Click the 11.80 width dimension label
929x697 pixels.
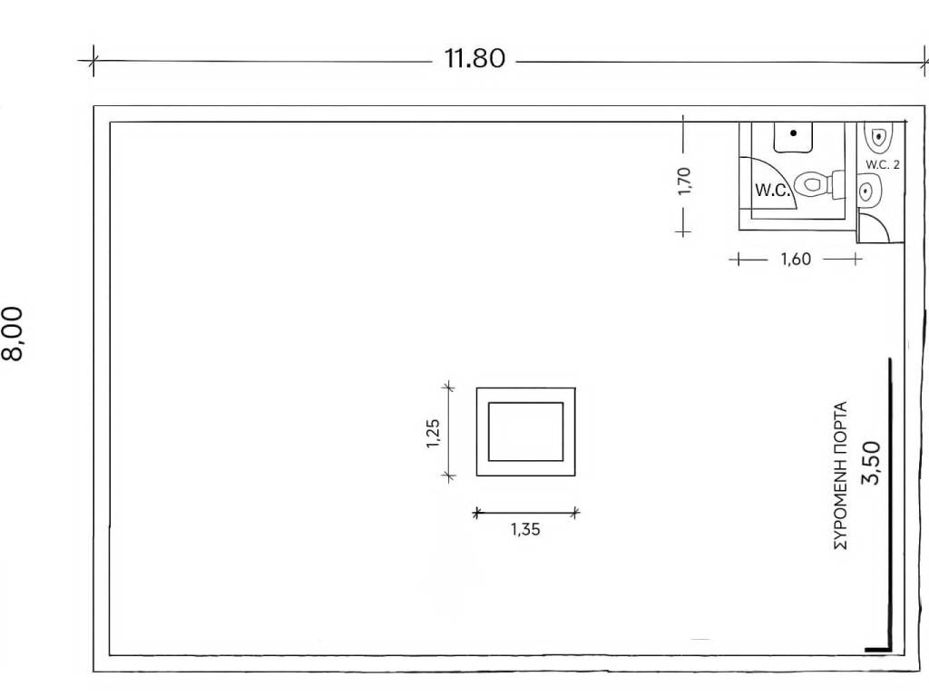point(474,59)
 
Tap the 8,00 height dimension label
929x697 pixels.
point(13,333)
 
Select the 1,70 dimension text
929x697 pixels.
point(684,182)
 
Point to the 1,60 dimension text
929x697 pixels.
point(796,259)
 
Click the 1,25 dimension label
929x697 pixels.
point(433,433)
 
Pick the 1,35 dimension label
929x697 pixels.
point(525,529)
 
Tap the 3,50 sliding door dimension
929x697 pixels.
point(871,463)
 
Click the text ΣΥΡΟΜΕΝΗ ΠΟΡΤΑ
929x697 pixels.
point(840,476)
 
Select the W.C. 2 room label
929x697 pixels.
point(882,165)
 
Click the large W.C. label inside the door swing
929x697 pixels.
point(773,191)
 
